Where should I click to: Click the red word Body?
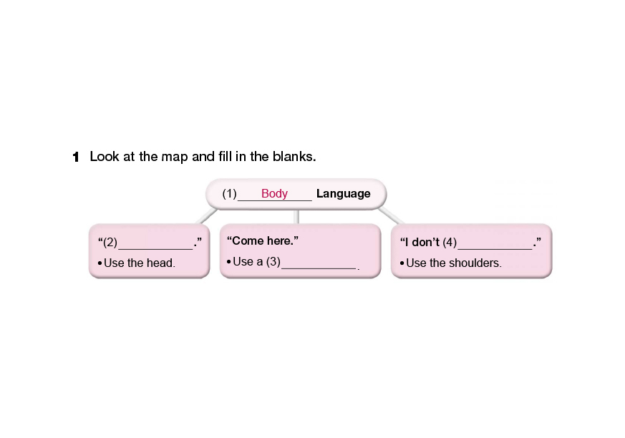274,193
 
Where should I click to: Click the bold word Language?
343,193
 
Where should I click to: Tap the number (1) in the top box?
229,193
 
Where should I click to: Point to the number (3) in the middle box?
272,261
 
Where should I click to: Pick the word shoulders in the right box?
476,263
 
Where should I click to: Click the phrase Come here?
262,240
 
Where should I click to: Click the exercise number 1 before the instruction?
75,157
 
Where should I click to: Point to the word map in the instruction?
176,157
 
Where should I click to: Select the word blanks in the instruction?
295,157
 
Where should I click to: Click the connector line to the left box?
207,215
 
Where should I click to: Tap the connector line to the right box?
389,215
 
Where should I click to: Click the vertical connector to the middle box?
297,217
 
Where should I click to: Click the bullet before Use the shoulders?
402,263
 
